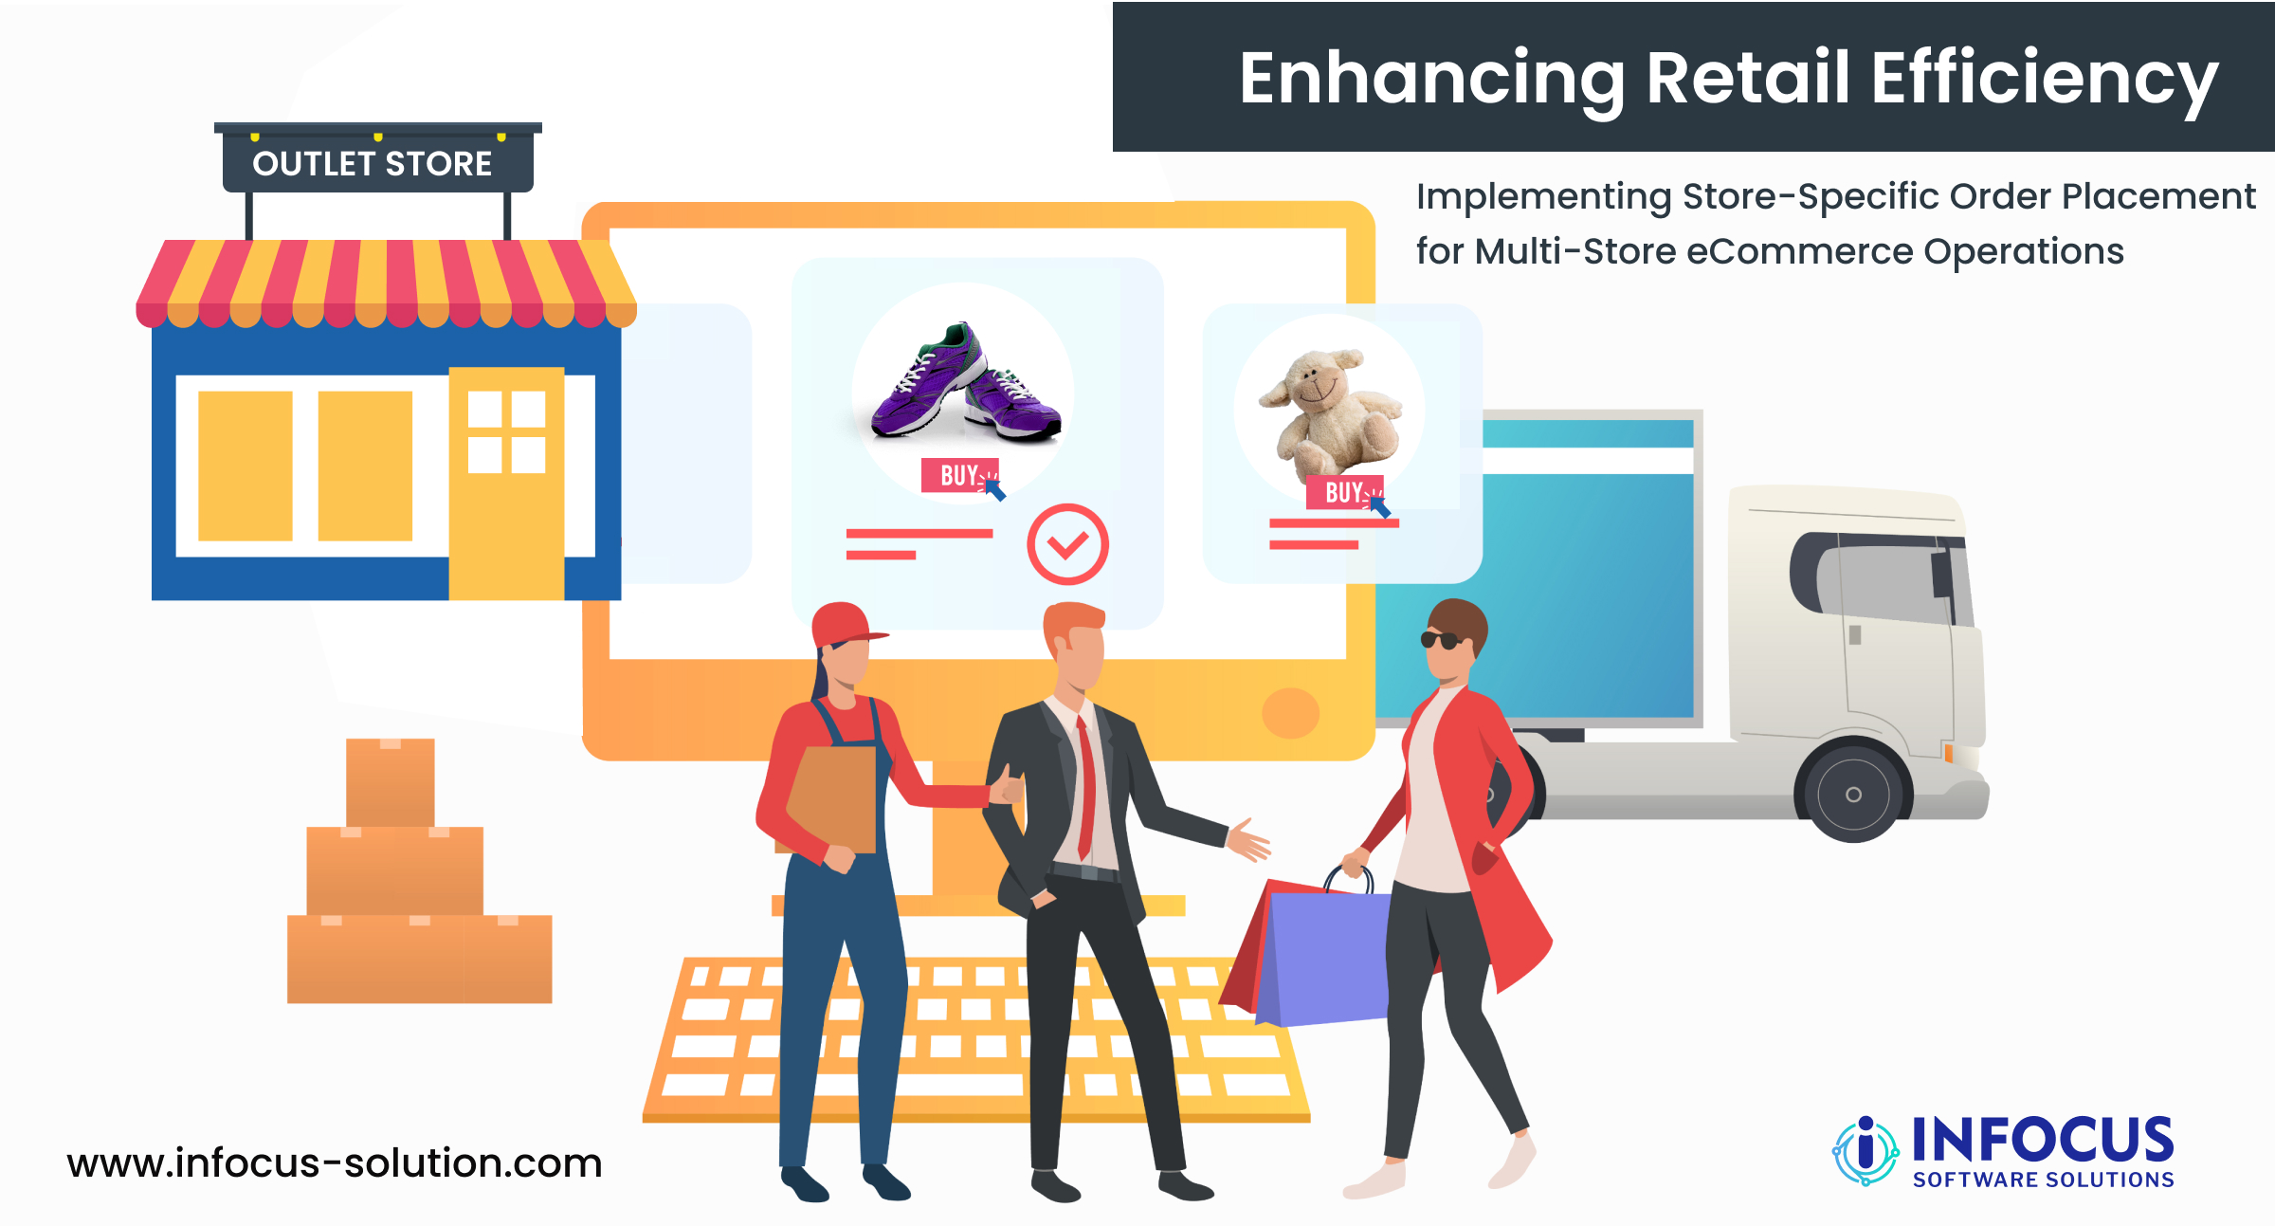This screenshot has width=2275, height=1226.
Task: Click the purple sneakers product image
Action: [x=966, y=383]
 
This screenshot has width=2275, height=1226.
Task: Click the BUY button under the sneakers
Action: [x=959, y=475]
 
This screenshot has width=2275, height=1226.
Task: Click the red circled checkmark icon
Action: [x=1067, y=544]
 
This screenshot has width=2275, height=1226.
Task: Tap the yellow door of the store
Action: [x=506, y=484]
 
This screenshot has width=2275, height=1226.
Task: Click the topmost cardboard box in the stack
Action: [x=391, y=782]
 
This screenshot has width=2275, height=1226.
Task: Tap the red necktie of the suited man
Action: [x=1084, y=788]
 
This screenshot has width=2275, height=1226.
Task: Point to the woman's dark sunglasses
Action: [x=1442, y=640]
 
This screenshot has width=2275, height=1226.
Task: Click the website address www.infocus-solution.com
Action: [x=335, y=1162]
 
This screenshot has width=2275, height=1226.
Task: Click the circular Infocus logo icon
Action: [x=1865, y=1150]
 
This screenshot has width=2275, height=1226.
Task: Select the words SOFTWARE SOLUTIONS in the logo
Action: [x=2043, y=1180]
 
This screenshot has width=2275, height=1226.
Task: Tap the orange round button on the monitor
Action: [x=1290, y=712]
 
